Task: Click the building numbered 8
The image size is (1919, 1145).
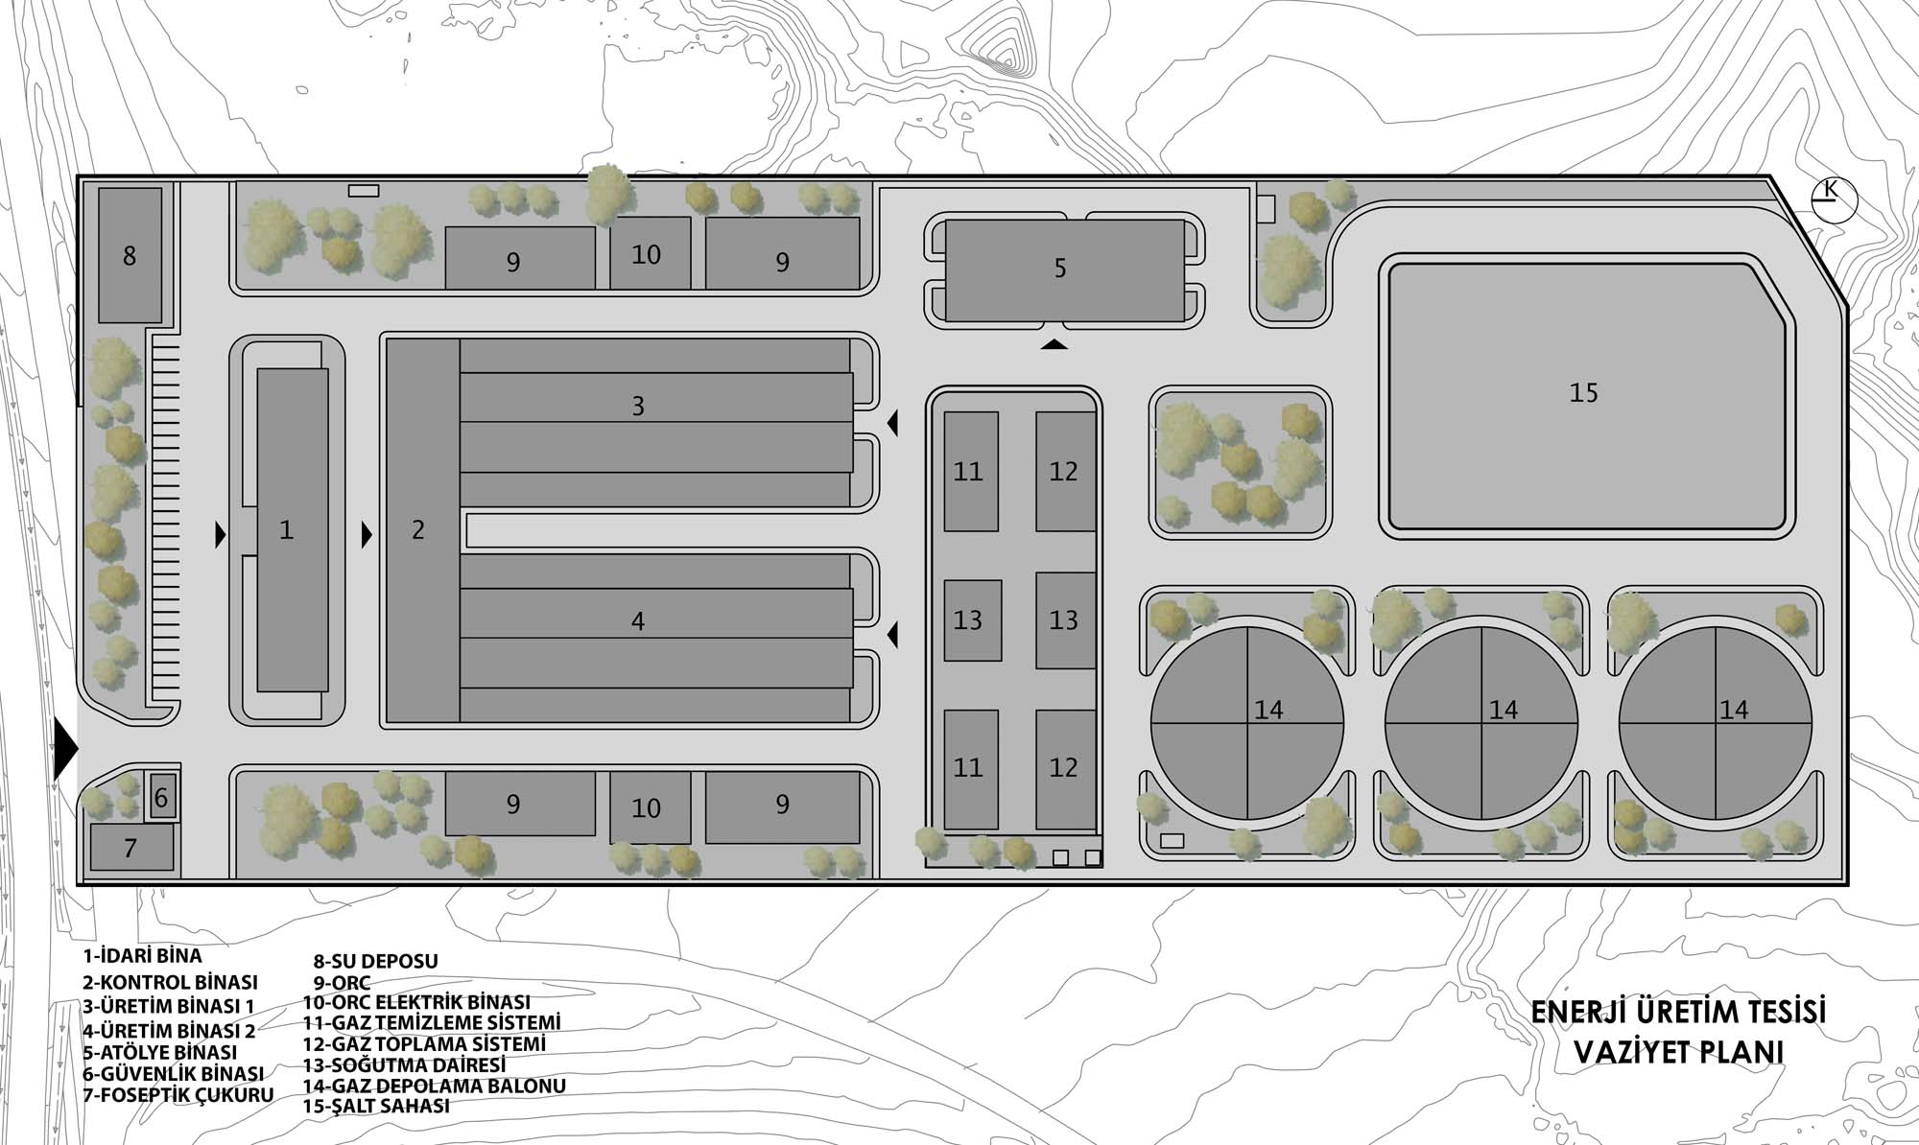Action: [130, 255]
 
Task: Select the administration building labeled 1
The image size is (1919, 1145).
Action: [293, 529]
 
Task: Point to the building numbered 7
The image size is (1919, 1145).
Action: [132, 848]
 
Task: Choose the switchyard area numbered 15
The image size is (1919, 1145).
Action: [1586, 395]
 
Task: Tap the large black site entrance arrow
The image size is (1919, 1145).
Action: [65, 750]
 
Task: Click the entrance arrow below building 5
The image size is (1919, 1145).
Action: [1054, 344]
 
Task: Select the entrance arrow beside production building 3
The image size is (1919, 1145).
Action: [893, 422]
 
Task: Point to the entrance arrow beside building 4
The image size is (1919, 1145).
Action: [893, 634]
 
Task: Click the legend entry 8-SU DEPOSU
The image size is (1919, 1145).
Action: [376, 961]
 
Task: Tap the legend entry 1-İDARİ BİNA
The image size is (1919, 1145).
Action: [143, 955]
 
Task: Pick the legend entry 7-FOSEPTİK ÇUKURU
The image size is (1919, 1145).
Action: [178, 1094]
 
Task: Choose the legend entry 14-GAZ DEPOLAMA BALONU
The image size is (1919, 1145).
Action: [435, 1086]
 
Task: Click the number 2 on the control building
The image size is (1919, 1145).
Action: [418, 529]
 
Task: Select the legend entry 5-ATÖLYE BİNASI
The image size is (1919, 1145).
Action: [160, 1051]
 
